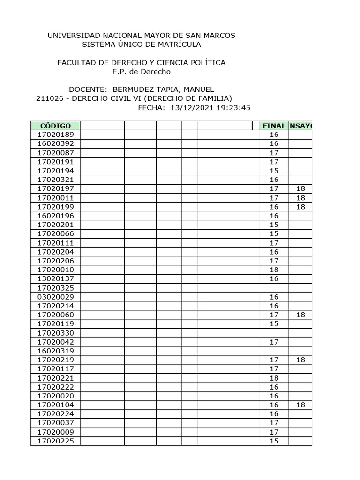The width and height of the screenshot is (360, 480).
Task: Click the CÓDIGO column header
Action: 55,126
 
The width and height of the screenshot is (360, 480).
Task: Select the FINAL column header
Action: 274,126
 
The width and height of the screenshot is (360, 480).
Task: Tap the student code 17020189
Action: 55,135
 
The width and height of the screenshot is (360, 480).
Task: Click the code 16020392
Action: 55,143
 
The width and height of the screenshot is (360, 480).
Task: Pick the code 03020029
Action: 55,297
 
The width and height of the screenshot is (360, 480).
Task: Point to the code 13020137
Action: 55,279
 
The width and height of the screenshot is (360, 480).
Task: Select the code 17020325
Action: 55,288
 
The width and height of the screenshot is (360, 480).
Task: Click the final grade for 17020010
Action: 274,270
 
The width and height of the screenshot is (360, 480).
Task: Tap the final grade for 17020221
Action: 274,378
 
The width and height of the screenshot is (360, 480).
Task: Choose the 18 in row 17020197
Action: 300,188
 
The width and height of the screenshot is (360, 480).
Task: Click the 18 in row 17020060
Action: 300,315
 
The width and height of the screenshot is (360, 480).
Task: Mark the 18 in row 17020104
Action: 300,405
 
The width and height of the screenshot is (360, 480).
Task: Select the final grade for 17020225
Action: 274,441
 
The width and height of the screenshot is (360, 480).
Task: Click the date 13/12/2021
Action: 190,107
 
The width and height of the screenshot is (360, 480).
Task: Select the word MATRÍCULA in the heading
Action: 179,45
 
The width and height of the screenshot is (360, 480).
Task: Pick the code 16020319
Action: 55,351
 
